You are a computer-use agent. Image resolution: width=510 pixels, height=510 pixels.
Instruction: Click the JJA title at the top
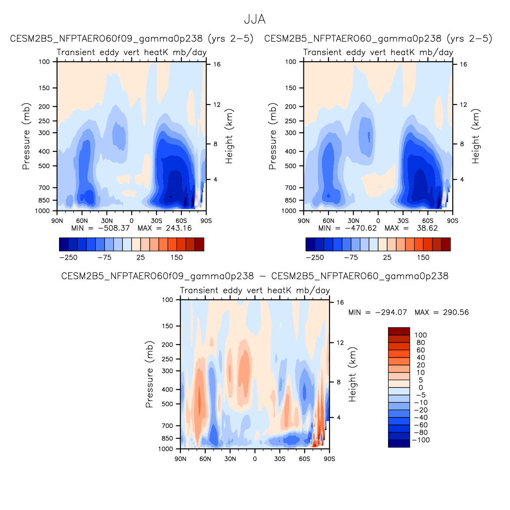coord(254,20)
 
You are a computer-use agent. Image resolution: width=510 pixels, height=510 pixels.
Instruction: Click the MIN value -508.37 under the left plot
coord(114,228)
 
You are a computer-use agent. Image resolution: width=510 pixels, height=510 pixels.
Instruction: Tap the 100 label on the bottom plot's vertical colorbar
coord(421,335)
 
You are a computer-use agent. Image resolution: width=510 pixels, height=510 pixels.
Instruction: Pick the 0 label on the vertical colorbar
coord(421,388)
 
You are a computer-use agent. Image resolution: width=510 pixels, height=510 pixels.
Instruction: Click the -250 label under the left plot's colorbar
coord(68,257)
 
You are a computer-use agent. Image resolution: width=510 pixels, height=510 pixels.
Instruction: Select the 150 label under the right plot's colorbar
coord(423,257)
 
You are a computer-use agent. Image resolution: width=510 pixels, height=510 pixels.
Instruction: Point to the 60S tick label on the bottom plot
coord(304,459)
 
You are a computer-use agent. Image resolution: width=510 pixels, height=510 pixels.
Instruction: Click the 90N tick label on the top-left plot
coord(57,221)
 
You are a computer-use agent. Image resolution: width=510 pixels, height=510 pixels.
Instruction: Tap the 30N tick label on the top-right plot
coord(353,221)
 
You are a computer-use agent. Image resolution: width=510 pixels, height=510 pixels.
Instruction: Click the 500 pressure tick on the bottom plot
coord(168,404)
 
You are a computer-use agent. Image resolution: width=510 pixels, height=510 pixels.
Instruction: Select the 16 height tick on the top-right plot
coord(464,64)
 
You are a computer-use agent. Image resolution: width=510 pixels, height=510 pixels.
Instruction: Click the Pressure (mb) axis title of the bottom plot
coord(149,374)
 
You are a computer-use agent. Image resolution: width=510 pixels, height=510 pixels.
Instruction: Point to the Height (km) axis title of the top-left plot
coord(229,136)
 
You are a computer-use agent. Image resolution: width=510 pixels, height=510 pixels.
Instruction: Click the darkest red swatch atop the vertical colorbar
coord(399,331)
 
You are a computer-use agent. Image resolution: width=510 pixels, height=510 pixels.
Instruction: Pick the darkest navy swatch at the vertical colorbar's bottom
coord(399,443)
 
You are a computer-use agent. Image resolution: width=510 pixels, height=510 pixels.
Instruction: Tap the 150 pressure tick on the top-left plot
coord(45,88)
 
